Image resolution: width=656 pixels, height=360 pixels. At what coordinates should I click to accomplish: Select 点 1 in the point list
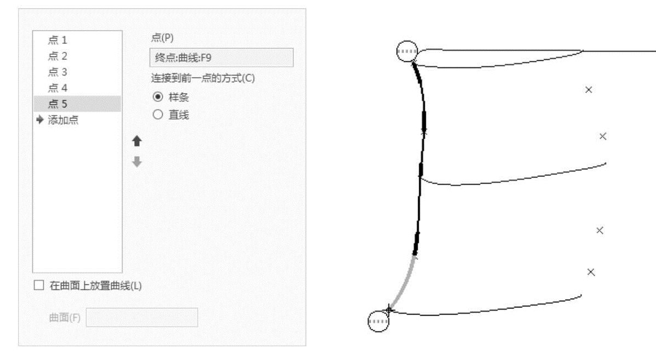click(58, 40)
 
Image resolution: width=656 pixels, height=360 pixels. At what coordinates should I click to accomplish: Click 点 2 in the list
click(58, 56)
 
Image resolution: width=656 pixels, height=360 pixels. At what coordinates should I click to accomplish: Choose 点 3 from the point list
click(58, 72)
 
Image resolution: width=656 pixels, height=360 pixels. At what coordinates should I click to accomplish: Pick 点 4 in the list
click(58, 88)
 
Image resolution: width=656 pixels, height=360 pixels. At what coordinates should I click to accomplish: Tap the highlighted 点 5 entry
click(58, 104)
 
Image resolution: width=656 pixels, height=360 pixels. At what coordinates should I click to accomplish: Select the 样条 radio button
click(158, 96)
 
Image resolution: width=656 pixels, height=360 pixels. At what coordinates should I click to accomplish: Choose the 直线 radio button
click(158, 115)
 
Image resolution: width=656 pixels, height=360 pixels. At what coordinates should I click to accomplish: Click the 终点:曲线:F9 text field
click(221, 58)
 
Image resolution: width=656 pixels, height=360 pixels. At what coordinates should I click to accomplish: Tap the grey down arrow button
click(137, 162)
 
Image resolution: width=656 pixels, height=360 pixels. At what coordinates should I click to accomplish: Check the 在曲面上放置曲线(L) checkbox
click(38, 285)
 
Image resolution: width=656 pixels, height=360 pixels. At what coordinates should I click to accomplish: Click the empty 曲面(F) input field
click(141, 318)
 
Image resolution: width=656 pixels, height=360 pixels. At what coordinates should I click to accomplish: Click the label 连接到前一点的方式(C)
click(203, 78)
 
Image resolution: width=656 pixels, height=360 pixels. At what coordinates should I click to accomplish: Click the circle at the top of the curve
click(407, 52)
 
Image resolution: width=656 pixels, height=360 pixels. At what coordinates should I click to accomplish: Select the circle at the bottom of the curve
click(378, 321)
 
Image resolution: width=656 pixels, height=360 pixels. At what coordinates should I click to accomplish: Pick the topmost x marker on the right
click(589, 89)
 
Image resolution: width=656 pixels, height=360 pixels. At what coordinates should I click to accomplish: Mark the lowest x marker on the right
click(590, 272)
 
